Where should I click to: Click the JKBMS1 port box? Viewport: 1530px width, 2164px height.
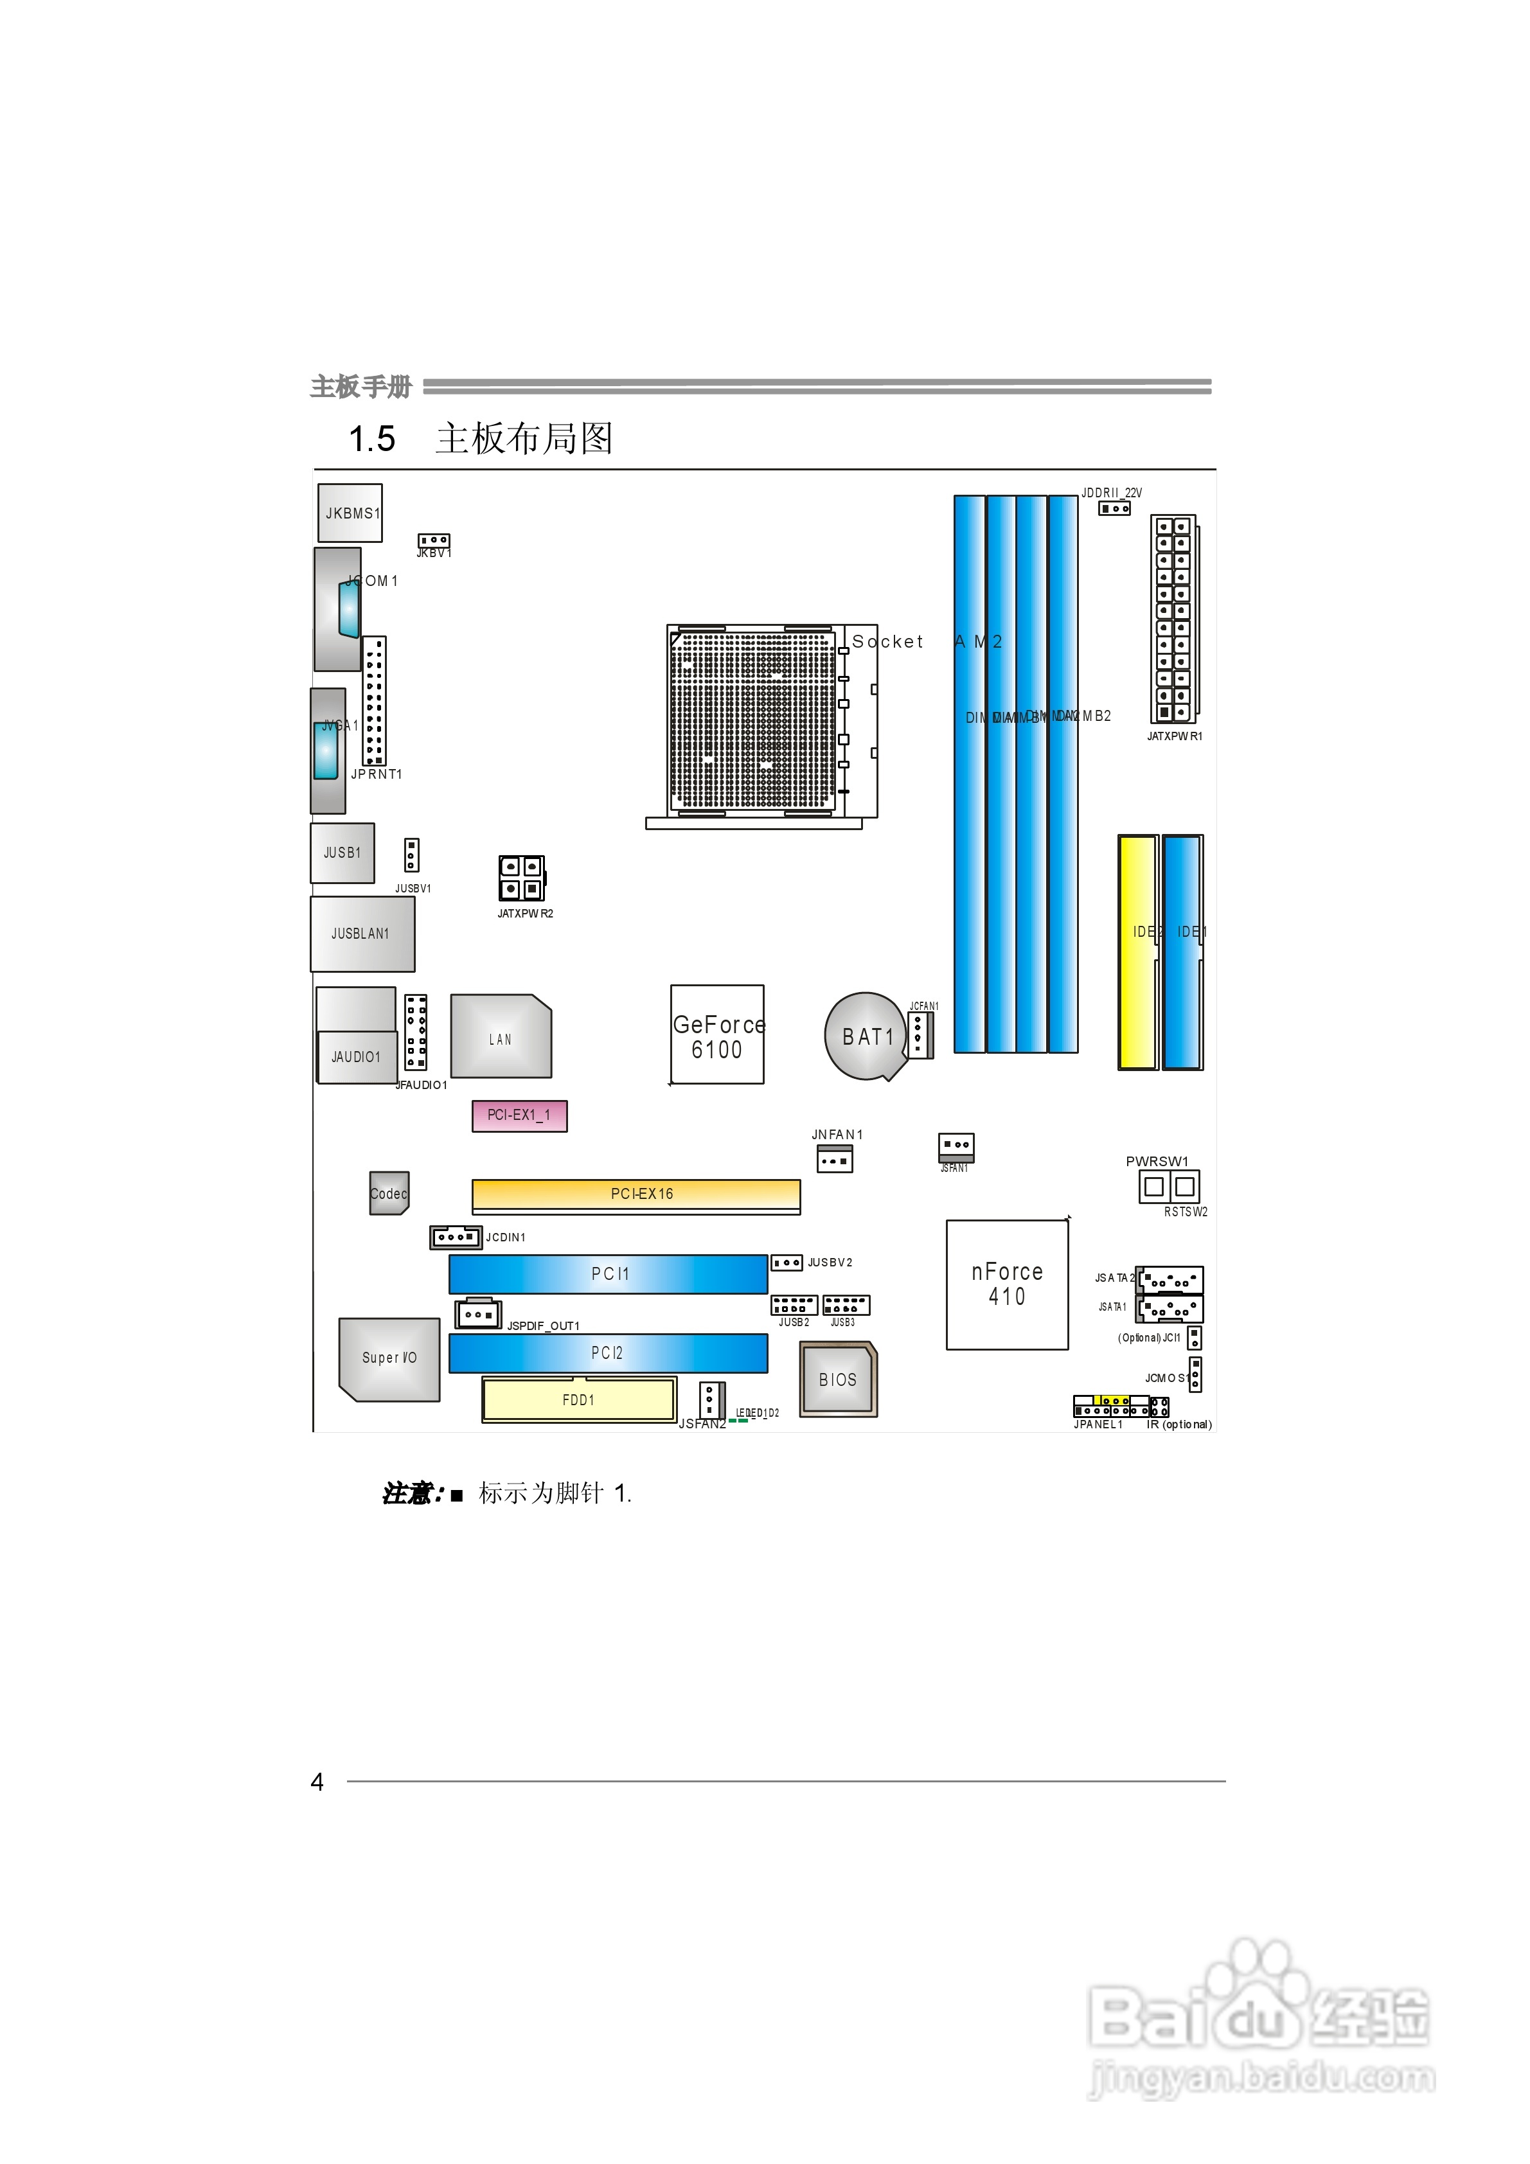click(x=350, y=513)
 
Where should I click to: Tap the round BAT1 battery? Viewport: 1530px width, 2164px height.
click(x=864, y=1036)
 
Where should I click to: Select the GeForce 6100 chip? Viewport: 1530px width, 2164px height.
click(x=716, y=1035)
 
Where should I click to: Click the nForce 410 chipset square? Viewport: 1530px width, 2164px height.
click(x=1007, y=1284)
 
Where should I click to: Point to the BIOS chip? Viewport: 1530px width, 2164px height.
click(x=837, y=1379)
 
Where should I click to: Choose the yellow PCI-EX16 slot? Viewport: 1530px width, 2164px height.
click(x=636, y=1194)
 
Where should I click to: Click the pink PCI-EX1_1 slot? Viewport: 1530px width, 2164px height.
click(x=519, y=1115)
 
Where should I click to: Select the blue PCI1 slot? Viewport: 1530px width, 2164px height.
click(x=608, y=1273)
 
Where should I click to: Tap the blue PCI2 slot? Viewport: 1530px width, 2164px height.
click(x=608, y=1352)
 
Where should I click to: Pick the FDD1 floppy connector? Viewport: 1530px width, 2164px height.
click(x=579, y=1399)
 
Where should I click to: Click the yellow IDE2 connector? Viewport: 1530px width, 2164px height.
click(x=1137, y=952)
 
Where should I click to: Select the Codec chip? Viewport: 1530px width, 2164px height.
click(x=388, y=1193)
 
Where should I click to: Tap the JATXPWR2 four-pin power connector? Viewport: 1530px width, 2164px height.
click(x=521, y=878)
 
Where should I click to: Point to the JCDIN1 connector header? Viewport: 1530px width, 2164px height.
click(x=456, y=1237)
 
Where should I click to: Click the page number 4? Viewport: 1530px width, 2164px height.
click(x=317, y=1781)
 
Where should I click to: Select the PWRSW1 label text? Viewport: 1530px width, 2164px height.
click(x=1157, y=1161)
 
